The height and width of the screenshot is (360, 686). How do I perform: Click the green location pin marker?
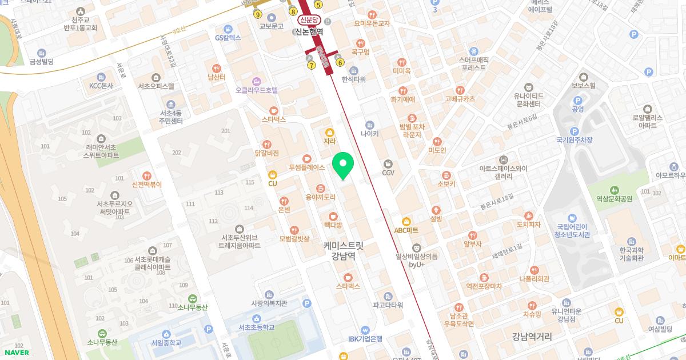point(343,165)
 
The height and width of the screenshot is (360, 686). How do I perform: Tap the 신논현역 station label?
point(309,32)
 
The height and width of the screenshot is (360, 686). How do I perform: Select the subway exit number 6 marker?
point(340,62)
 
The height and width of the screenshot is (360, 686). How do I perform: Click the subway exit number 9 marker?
point(258,14)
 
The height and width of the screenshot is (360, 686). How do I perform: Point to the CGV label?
point(388,173)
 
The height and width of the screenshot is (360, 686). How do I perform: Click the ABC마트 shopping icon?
point(406,221)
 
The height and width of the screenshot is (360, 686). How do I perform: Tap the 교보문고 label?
point(272,26)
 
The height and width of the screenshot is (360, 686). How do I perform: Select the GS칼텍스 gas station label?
point(228,38)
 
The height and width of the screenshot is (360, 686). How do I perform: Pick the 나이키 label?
point(370,134)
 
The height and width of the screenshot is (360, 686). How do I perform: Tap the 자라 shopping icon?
point(329,131)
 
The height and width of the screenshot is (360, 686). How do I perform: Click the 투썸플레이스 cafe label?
point(306,167)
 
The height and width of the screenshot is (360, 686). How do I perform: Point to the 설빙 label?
point(436,218)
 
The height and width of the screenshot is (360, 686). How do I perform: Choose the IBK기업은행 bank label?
point(365,338)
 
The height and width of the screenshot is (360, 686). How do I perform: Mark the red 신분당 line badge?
point(309,20)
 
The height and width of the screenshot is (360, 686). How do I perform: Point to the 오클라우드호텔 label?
point(256,90)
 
